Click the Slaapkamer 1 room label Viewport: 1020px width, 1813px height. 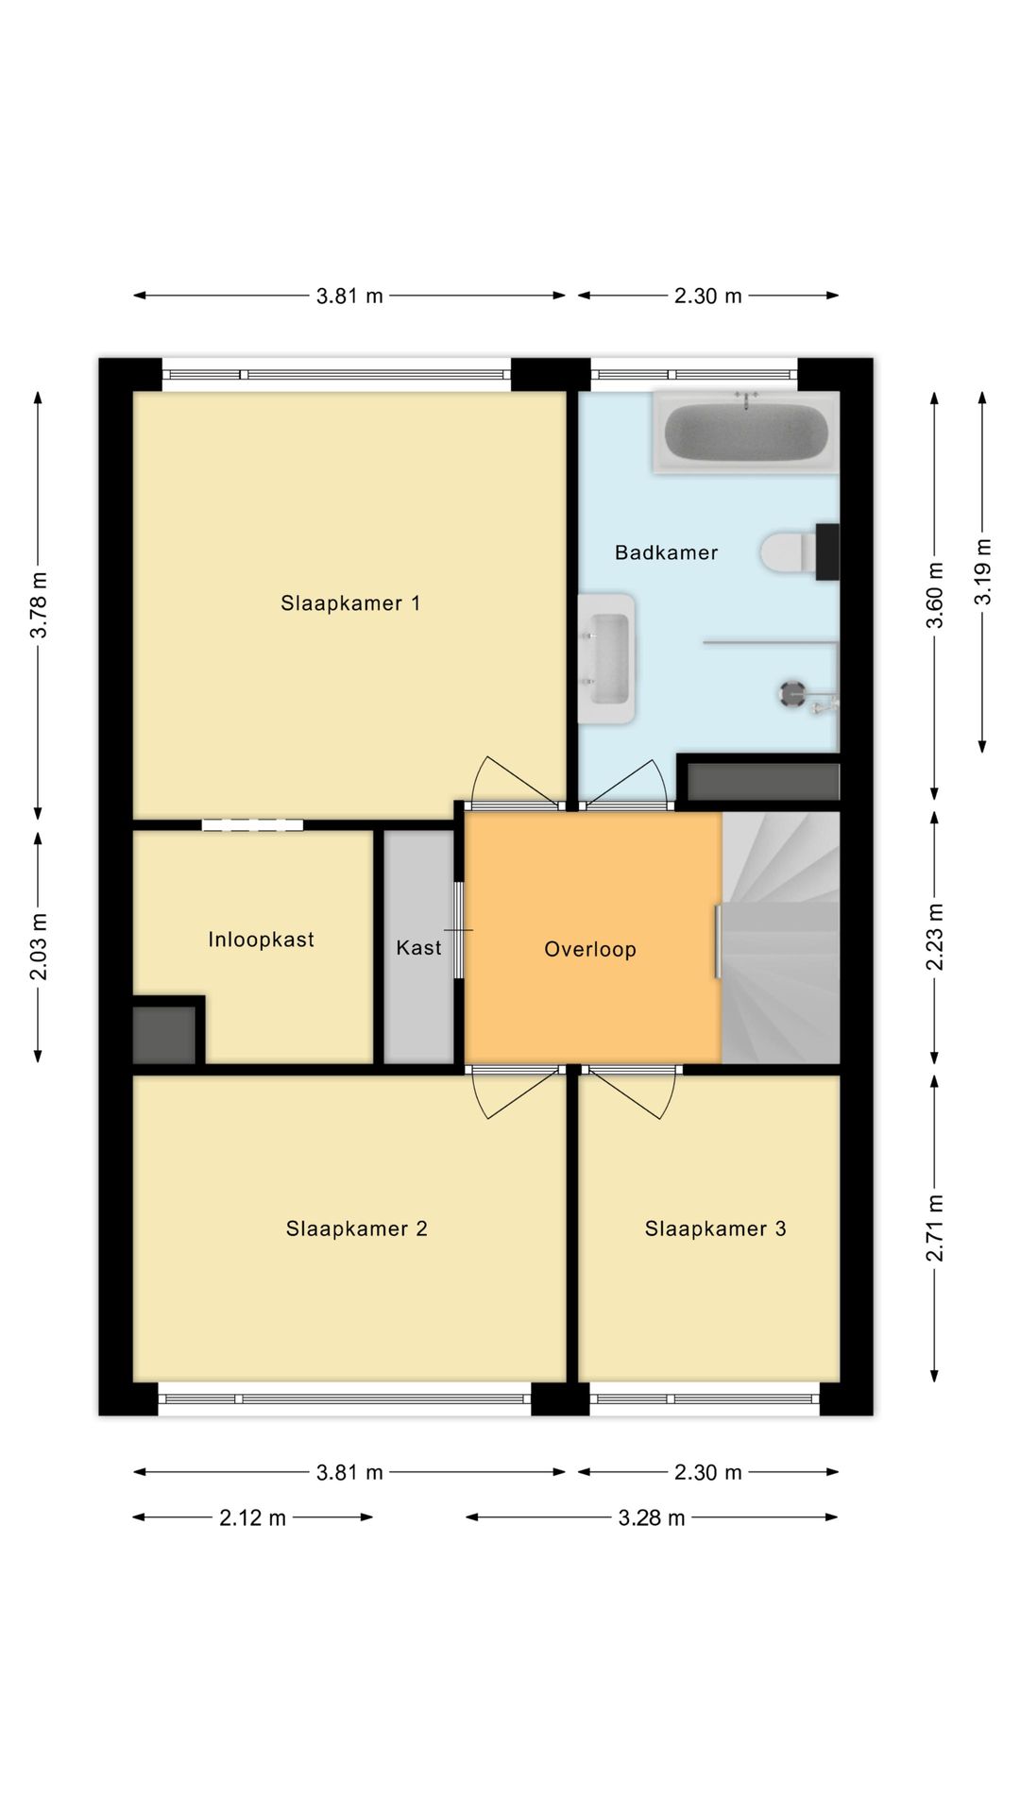click(349, 603)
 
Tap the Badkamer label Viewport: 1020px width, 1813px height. click(666, 552)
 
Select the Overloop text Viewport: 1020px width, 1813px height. click(590, 949)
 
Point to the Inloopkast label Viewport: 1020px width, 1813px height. click(261, 940)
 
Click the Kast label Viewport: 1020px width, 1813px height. click(418, 947)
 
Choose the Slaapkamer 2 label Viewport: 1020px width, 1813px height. click(356, 1228)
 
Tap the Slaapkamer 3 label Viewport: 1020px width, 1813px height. click(715, 1228)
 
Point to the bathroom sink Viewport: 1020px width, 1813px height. click(606, 658)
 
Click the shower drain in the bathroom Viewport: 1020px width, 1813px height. click(791, 693)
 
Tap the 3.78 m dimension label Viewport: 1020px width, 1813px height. click(39, 605)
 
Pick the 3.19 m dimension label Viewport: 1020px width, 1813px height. click(983, 571)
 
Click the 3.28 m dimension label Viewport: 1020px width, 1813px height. click(652, 1517)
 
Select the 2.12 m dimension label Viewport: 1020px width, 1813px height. click(252, 1517)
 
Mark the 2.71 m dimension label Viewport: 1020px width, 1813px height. click(935, 1228)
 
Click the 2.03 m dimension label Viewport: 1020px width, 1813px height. click(39, 946)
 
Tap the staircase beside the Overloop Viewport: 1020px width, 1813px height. click(780, 938)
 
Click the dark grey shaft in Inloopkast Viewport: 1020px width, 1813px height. click(164, 1035)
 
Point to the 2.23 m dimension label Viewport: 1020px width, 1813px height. click(935, 937)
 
